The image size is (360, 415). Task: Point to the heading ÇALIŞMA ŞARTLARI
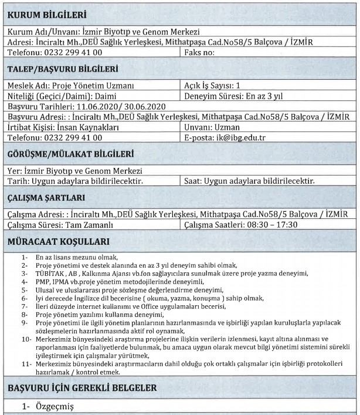(x=49, y=198)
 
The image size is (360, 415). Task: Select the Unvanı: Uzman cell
(x=208, y=127)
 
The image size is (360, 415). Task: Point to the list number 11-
(x=26, y=365)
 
